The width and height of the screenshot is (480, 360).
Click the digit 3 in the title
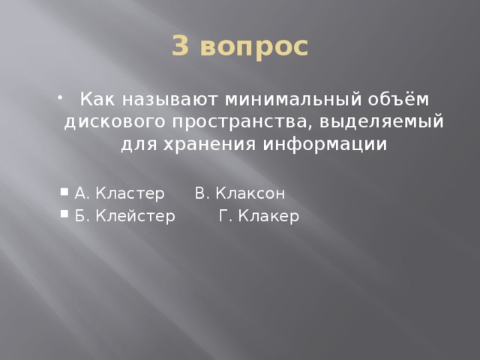(181, 46)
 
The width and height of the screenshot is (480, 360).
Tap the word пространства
(217, 122)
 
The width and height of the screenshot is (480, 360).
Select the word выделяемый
(363, 121)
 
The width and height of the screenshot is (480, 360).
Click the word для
(137, 143)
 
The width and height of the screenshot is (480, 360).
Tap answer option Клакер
(269, 217)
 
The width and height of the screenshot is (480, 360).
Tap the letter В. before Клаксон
(200, 194)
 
